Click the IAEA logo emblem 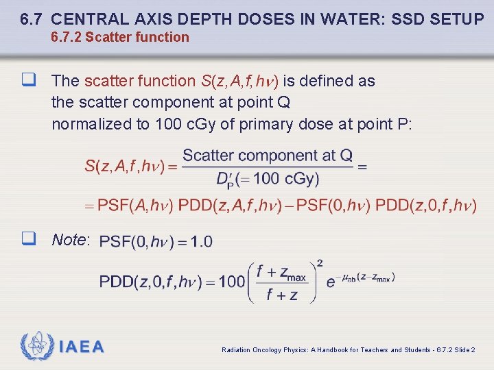(x=36, y=347)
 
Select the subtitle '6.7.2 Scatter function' (x=120, y=37)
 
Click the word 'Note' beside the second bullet (x=69, y=240)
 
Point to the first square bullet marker (x=28, y=81)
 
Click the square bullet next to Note (x=28, y=239)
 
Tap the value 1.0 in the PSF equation (x=202, y=241)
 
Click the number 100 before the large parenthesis (x=232, y=281)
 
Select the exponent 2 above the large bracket (x=320, y=263)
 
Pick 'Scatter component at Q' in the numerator (x=268, y=156)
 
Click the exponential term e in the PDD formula (x=331, y=282)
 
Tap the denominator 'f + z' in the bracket (x=277, y=295)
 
